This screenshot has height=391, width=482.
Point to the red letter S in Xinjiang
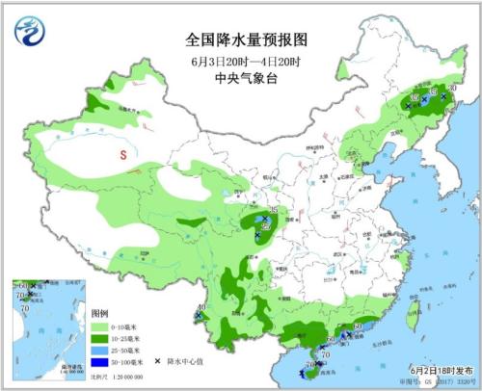(x=122, y=153)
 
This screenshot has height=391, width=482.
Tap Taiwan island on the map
(x=416, y=311)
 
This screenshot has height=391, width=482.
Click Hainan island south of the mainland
(x=312, y=364)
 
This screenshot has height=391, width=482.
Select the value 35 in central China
(x=274, y=210)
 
